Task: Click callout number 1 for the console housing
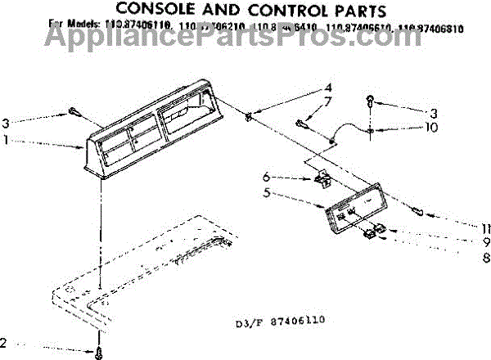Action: pos(7,141)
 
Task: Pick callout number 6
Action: pos(266,176)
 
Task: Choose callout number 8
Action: pos(485,256)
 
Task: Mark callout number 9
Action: pos(485,241)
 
